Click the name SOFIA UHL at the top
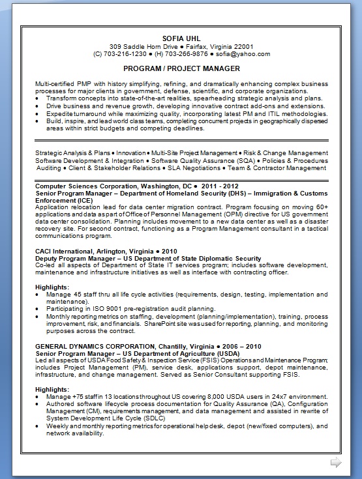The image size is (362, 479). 181,38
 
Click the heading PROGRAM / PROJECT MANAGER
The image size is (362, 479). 181,68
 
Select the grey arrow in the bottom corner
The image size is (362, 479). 336,462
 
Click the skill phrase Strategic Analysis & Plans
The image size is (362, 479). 73,153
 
